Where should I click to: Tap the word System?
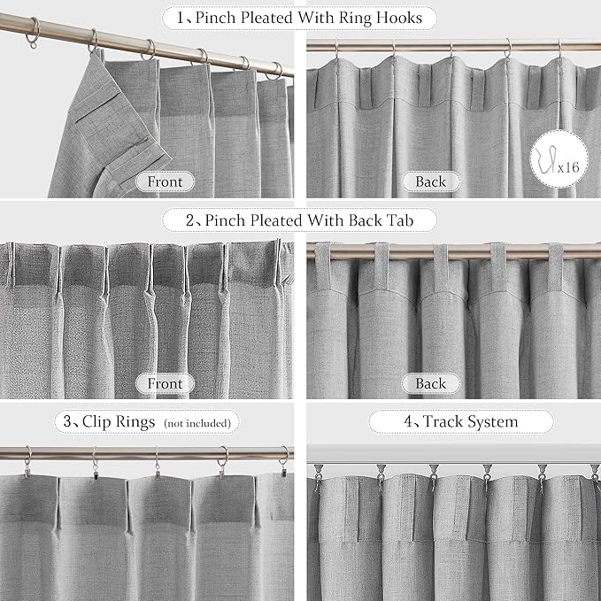click(x=497, y=421)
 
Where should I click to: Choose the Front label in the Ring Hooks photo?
click(x=165, y=182)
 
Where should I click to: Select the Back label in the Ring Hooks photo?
click(x=430, y=182)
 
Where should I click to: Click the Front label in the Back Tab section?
click(x=165, y=383)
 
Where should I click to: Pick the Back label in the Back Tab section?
click(x=430, y=383)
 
